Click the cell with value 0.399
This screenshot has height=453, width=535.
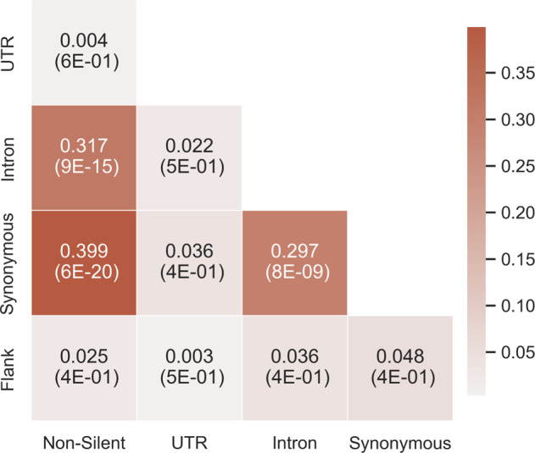click(x=83, y=262)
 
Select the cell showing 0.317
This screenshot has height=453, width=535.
click(x=83, y=157)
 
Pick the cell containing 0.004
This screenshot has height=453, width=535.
click(x=83, y=52)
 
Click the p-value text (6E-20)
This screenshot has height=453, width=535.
click(x=83, y=273)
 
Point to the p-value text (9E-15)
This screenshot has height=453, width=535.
click(x=83, y=168)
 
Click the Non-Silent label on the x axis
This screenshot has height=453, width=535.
click(x=83, y=442)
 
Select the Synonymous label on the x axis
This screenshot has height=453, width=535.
click(x=398, y=442)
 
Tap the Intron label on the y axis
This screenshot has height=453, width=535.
click(x=11, y=157)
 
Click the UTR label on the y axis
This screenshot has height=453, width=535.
click(x=11, y=52)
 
